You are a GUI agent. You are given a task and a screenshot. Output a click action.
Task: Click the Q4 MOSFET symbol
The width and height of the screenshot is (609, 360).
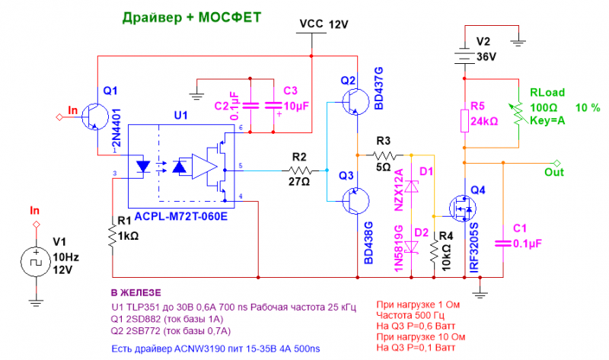coord(461,206)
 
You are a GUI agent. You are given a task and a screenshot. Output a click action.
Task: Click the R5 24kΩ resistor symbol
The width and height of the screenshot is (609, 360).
coord(464,120)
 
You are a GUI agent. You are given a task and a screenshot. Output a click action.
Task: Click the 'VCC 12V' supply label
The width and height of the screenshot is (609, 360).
coord(323,24)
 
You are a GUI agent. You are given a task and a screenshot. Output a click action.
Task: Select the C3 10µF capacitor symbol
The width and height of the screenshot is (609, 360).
coord(272,106)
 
